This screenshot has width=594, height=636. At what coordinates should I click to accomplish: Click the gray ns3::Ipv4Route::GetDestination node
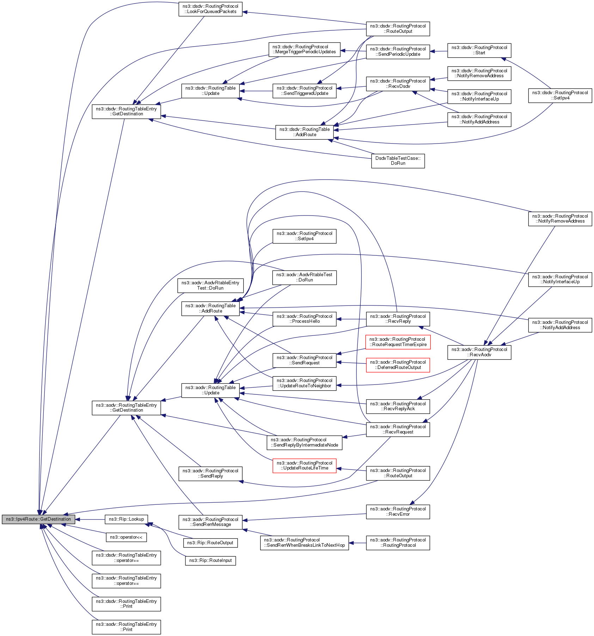click(x=38, y=519)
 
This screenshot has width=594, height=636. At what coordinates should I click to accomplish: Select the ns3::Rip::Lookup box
click(x=126, y=519)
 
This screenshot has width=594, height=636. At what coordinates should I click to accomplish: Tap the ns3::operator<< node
click(x=126, y=537)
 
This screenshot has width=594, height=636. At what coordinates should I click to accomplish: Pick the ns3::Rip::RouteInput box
click(x=210, y=561)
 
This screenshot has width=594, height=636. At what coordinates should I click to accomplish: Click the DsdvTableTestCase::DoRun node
click(x=398, y=161)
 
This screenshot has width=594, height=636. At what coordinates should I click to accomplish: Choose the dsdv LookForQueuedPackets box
click(x=210, y=9)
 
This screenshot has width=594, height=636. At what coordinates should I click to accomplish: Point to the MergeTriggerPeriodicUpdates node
click(x=304, y=49)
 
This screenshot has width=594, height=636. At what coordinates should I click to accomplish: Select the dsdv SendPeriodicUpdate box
click(x=398, y=52)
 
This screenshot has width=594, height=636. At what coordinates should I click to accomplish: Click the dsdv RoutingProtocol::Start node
click(x=479, y=50)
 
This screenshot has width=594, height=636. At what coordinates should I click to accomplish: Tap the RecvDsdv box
click(x=398, y=84)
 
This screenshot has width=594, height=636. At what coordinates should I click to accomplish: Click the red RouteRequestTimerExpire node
click(x=398, y=342)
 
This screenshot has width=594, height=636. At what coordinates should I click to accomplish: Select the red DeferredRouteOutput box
click(x=398, y=365)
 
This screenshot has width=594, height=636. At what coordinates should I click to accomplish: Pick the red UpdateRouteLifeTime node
click(x=304, y=466)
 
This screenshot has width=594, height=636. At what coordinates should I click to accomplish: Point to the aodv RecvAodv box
click(x=479, y=352)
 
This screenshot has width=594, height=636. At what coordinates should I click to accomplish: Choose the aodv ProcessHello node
click(x=304, y=319)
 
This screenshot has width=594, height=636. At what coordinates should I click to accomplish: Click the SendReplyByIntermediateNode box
click(x=304, y=442)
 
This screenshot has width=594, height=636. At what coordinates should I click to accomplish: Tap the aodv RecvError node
click(x=398, y=511)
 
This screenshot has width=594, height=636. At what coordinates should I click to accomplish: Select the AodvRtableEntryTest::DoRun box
click(x=210, y=285)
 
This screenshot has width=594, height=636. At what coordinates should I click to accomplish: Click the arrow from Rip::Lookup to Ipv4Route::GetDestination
click(x=90, y=519)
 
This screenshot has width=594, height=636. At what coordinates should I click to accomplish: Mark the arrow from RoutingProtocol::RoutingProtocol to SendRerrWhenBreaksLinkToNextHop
click(x=357, y=543)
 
